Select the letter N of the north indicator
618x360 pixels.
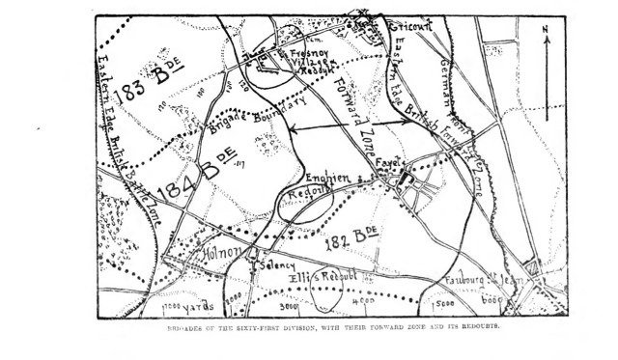point(546,30)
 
